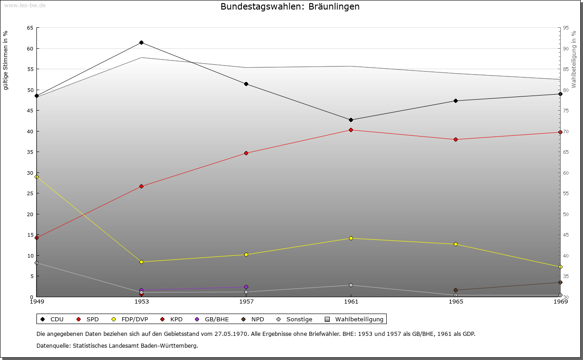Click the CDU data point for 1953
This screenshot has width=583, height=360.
point(141,43)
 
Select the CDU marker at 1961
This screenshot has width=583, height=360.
point(351,120)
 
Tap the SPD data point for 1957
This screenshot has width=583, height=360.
point(246,153)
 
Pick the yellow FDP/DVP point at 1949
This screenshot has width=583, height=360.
point(37,177)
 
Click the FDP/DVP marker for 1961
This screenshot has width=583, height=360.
point(351,238)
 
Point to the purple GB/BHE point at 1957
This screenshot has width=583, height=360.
point(246,287)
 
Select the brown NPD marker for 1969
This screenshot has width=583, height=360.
point(560,283)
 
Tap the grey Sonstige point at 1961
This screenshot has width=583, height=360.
point(351,285)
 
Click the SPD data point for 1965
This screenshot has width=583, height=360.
point(455,139)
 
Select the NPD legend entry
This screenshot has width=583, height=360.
point(253,319)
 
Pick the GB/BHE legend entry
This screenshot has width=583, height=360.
point(212,319)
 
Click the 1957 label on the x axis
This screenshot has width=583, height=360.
point(246,301)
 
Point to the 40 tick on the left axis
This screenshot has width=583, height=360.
point(30,132)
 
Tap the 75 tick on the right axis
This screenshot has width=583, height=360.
point(566,111)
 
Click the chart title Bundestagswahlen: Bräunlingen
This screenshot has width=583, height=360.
point(290,7)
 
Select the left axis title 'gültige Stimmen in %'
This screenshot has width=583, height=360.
point(6,60)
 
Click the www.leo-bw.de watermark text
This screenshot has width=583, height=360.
point(24,5)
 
